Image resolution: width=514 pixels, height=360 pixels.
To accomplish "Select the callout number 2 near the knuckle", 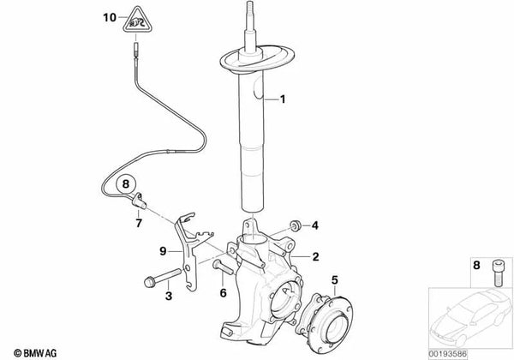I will [x=315, y=255].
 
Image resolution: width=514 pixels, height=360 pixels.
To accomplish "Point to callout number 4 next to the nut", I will [x=314, y=225].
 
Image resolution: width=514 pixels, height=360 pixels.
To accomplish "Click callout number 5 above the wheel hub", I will [x=335, y=278].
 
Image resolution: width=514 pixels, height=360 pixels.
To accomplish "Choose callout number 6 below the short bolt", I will [x=224, y=293].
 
